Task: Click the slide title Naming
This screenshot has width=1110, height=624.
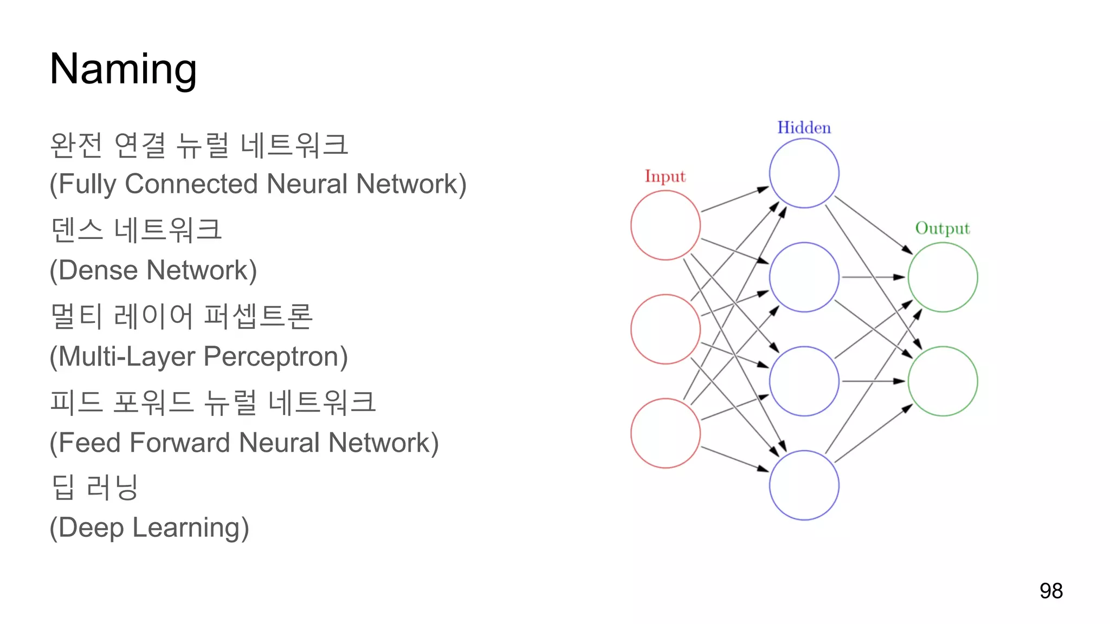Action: coord(123,69)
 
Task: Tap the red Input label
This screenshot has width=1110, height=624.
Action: coord(665,177)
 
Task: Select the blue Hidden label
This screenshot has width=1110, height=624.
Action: coord(804,128)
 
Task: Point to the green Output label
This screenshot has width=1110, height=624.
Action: coord(943,229)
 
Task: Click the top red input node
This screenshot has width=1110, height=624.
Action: coord(666,225)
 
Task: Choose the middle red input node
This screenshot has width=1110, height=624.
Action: coord(666,329)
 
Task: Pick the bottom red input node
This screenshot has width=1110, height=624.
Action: coord(666,433)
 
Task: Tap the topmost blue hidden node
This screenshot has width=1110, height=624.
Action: coord(804,173)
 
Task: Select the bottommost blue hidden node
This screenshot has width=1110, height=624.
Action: coord(804,485)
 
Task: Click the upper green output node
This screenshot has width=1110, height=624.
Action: coord(943,277)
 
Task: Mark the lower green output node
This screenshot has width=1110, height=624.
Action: coord(943,381)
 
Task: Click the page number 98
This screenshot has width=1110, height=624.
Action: coord(1051,591)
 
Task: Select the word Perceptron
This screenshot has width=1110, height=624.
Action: coord(275,357)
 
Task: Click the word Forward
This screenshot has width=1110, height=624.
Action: coord(181,443)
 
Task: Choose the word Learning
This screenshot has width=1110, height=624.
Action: coord(190,528)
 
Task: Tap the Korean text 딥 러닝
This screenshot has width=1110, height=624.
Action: coord(95,486)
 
